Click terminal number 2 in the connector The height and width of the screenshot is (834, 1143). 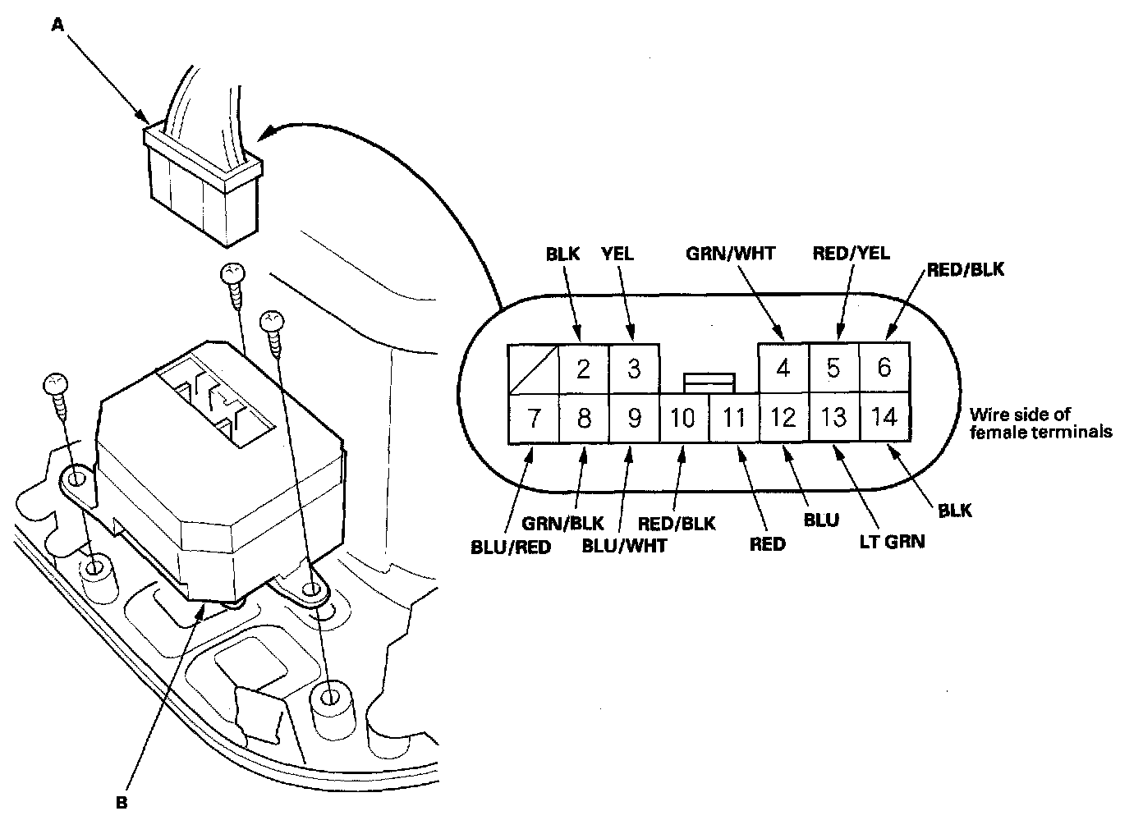[583, 369]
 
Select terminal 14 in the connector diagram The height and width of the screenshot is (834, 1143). [884, 418]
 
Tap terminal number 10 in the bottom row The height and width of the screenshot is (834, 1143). [683, 419]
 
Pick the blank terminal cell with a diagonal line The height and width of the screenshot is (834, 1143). [533, 369]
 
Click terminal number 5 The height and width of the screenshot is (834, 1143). [833, 369]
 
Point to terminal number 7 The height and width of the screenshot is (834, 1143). [533, 419]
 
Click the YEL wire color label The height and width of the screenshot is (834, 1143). [617, 254]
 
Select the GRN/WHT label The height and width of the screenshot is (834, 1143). [730, 254]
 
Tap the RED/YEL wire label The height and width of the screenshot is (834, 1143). [851, 254]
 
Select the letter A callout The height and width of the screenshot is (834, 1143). [57, 25]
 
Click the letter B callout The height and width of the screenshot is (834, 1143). [122, 804]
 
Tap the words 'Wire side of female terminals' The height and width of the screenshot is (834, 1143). [1040, 423]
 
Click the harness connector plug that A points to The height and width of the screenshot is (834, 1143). [204, 187]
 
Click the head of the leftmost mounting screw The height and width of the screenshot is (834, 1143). [55, 384]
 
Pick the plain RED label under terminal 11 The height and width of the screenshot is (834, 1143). [767, 543]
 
